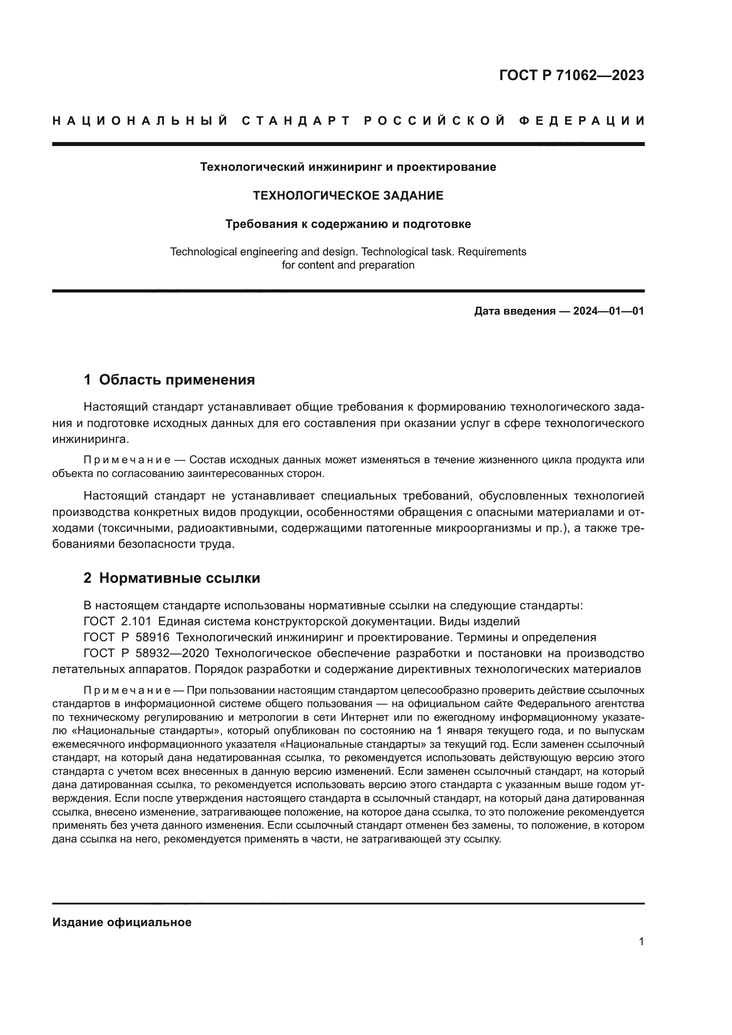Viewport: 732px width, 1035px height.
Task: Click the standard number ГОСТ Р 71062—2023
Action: tap(571, 75)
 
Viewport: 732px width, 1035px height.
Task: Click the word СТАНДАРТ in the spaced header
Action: tap(296, 121)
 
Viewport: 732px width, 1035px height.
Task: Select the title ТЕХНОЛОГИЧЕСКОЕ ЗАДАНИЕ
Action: tap(348, 196)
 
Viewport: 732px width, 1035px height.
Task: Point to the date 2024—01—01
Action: tap(609, 311)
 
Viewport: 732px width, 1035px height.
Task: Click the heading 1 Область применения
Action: tap(169, 380)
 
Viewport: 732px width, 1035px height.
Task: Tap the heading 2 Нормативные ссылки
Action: tap(171, 578)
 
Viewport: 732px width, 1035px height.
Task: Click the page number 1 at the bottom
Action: tap(641, 942)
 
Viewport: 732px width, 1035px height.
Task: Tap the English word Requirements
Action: tap(491, 251)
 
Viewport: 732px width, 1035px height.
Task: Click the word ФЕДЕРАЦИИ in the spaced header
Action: tap(581, 121)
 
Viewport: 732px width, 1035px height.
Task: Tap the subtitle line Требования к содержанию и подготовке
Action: tap(348, 224)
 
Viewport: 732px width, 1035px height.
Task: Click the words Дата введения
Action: tap(514, 311)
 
